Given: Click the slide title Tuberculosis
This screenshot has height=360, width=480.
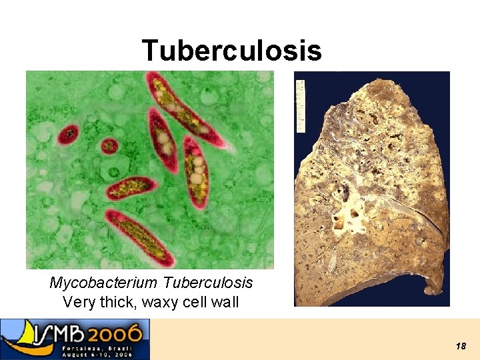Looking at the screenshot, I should click(x=231, y=50).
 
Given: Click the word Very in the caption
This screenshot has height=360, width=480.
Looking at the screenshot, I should click(x=77, y=302).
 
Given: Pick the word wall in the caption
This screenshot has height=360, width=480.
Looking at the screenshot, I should click(x=225, y=302).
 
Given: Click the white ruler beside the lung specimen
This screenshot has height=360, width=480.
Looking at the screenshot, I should click(x=301, y=105).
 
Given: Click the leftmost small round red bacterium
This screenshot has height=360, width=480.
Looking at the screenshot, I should click(x=67, y=136).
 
